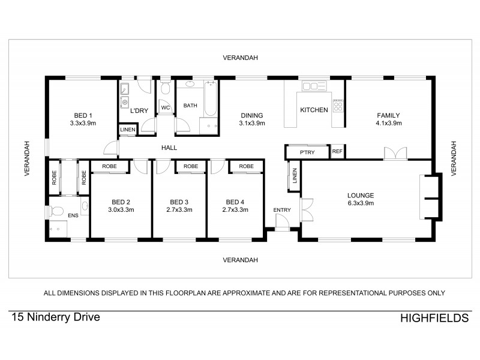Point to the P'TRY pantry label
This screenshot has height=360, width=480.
(308, 152)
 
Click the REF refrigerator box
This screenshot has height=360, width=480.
(337, 152)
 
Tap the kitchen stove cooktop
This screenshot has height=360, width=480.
(338, 106)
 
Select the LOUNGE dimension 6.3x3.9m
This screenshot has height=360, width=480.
(361, 203)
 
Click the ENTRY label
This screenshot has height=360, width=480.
(281, 209)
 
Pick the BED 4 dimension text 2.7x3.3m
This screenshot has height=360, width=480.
(235, 210)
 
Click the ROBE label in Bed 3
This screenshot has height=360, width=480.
(191, 166)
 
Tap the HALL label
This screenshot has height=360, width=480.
(169, 148)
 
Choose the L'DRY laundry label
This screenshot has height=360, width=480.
(139, 110)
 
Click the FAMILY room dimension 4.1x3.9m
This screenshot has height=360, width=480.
(388, 123)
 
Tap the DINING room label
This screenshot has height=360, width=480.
(252, 115)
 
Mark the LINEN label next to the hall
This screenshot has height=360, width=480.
(127, 130)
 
